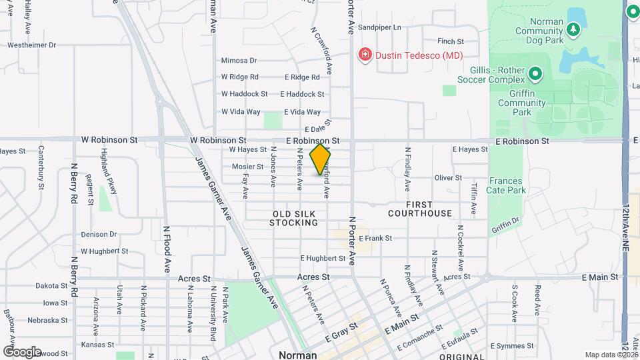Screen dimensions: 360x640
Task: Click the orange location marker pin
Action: pos(320,159)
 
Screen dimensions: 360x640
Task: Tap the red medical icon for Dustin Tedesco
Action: pos(365,55)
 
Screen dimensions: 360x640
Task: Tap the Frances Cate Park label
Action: pos(507,185)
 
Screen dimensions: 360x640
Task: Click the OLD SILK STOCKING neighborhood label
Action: pos(293,218)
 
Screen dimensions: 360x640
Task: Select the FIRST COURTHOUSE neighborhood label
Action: pos(420,209)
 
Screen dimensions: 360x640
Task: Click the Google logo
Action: pos(22,351)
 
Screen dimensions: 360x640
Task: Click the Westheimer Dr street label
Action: pos(32,45)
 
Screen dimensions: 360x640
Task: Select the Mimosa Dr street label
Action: pos(239,60)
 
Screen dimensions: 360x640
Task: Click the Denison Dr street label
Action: pos(99,235)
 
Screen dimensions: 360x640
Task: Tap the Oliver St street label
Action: pos(448,178)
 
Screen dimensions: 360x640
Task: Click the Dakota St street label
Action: pos(52,285)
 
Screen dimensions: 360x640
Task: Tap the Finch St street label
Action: pos(451,41)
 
